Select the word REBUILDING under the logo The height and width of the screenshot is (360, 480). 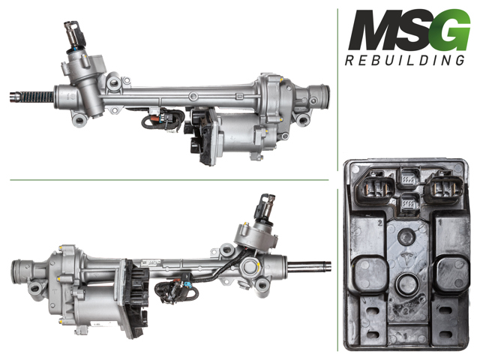tap(405, 60)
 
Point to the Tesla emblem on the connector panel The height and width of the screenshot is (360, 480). tap(406, 259)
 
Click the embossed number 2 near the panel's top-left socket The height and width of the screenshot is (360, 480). tap(380, 223)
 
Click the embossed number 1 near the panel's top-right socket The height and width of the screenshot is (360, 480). tap(440, 222)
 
